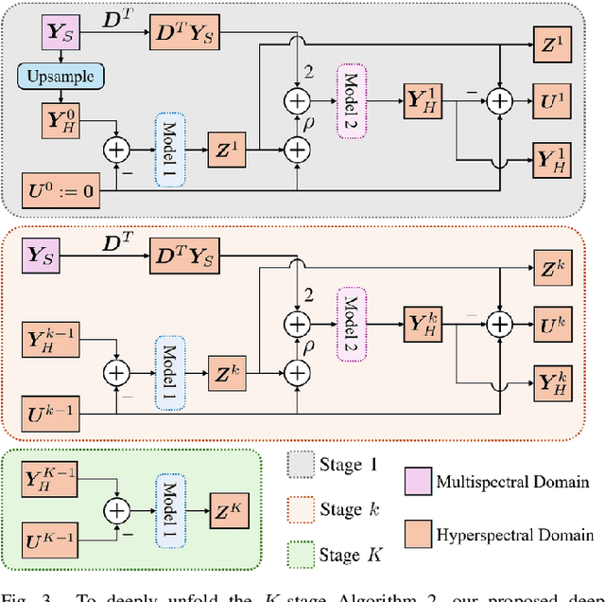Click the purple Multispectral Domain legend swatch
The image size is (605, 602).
(x=419, y=483)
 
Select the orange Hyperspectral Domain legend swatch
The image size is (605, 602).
(x=419, y=536)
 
